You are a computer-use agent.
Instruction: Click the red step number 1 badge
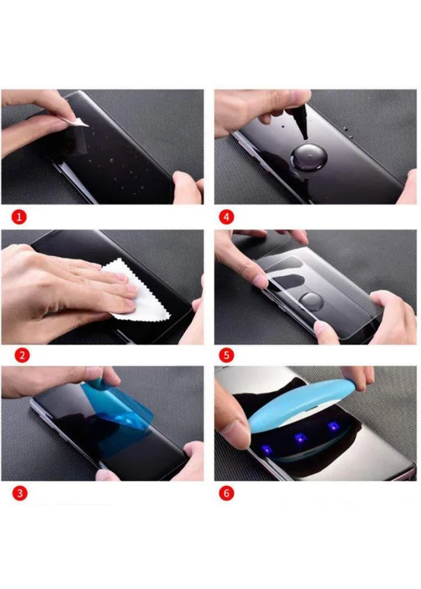[x=19, y=217]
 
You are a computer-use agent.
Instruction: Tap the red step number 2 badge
[x=22, y=355]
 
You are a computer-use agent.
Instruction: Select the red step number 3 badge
[x=20, y=493]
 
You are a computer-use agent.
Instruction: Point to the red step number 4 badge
[x=226, y=217]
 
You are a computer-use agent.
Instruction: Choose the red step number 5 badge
[x=226, y=355]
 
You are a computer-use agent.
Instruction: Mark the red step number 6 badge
[x=226, y=493]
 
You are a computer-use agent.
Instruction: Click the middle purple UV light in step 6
[x=300, y=437]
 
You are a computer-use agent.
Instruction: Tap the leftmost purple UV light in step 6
[x=266, y=449]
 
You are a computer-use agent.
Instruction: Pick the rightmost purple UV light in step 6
[x=332, y=427]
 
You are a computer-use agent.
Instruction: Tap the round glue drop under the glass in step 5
[x=312, y=301]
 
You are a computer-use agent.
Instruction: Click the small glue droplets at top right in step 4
[x=345, y=130]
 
